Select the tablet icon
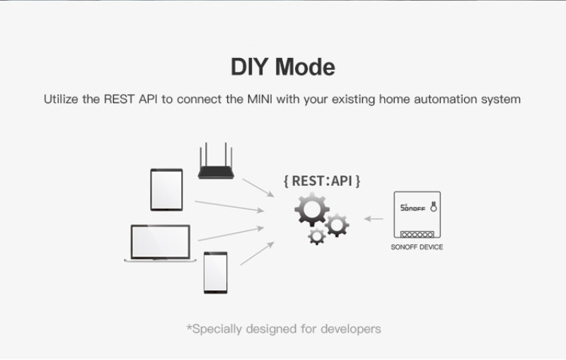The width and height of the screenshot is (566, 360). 167,190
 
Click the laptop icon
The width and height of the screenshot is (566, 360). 161,243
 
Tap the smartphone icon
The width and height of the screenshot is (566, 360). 215,272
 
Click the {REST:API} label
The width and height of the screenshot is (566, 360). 322,180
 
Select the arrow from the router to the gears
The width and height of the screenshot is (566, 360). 258,187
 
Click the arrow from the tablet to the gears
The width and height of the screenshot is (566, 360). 229,206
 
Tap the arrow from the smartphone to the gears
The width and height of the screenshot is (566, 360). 257,253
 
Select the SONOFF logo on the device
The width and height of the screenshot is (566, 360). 414,209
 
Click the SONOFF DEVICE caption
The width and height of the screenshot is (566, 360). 417,248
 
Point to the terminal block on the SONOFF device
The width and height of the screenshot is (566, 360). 417,233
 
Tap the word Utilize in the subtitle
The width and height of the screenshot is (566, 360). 62,99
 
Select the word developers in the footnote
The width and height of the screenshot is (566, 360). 350,329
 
